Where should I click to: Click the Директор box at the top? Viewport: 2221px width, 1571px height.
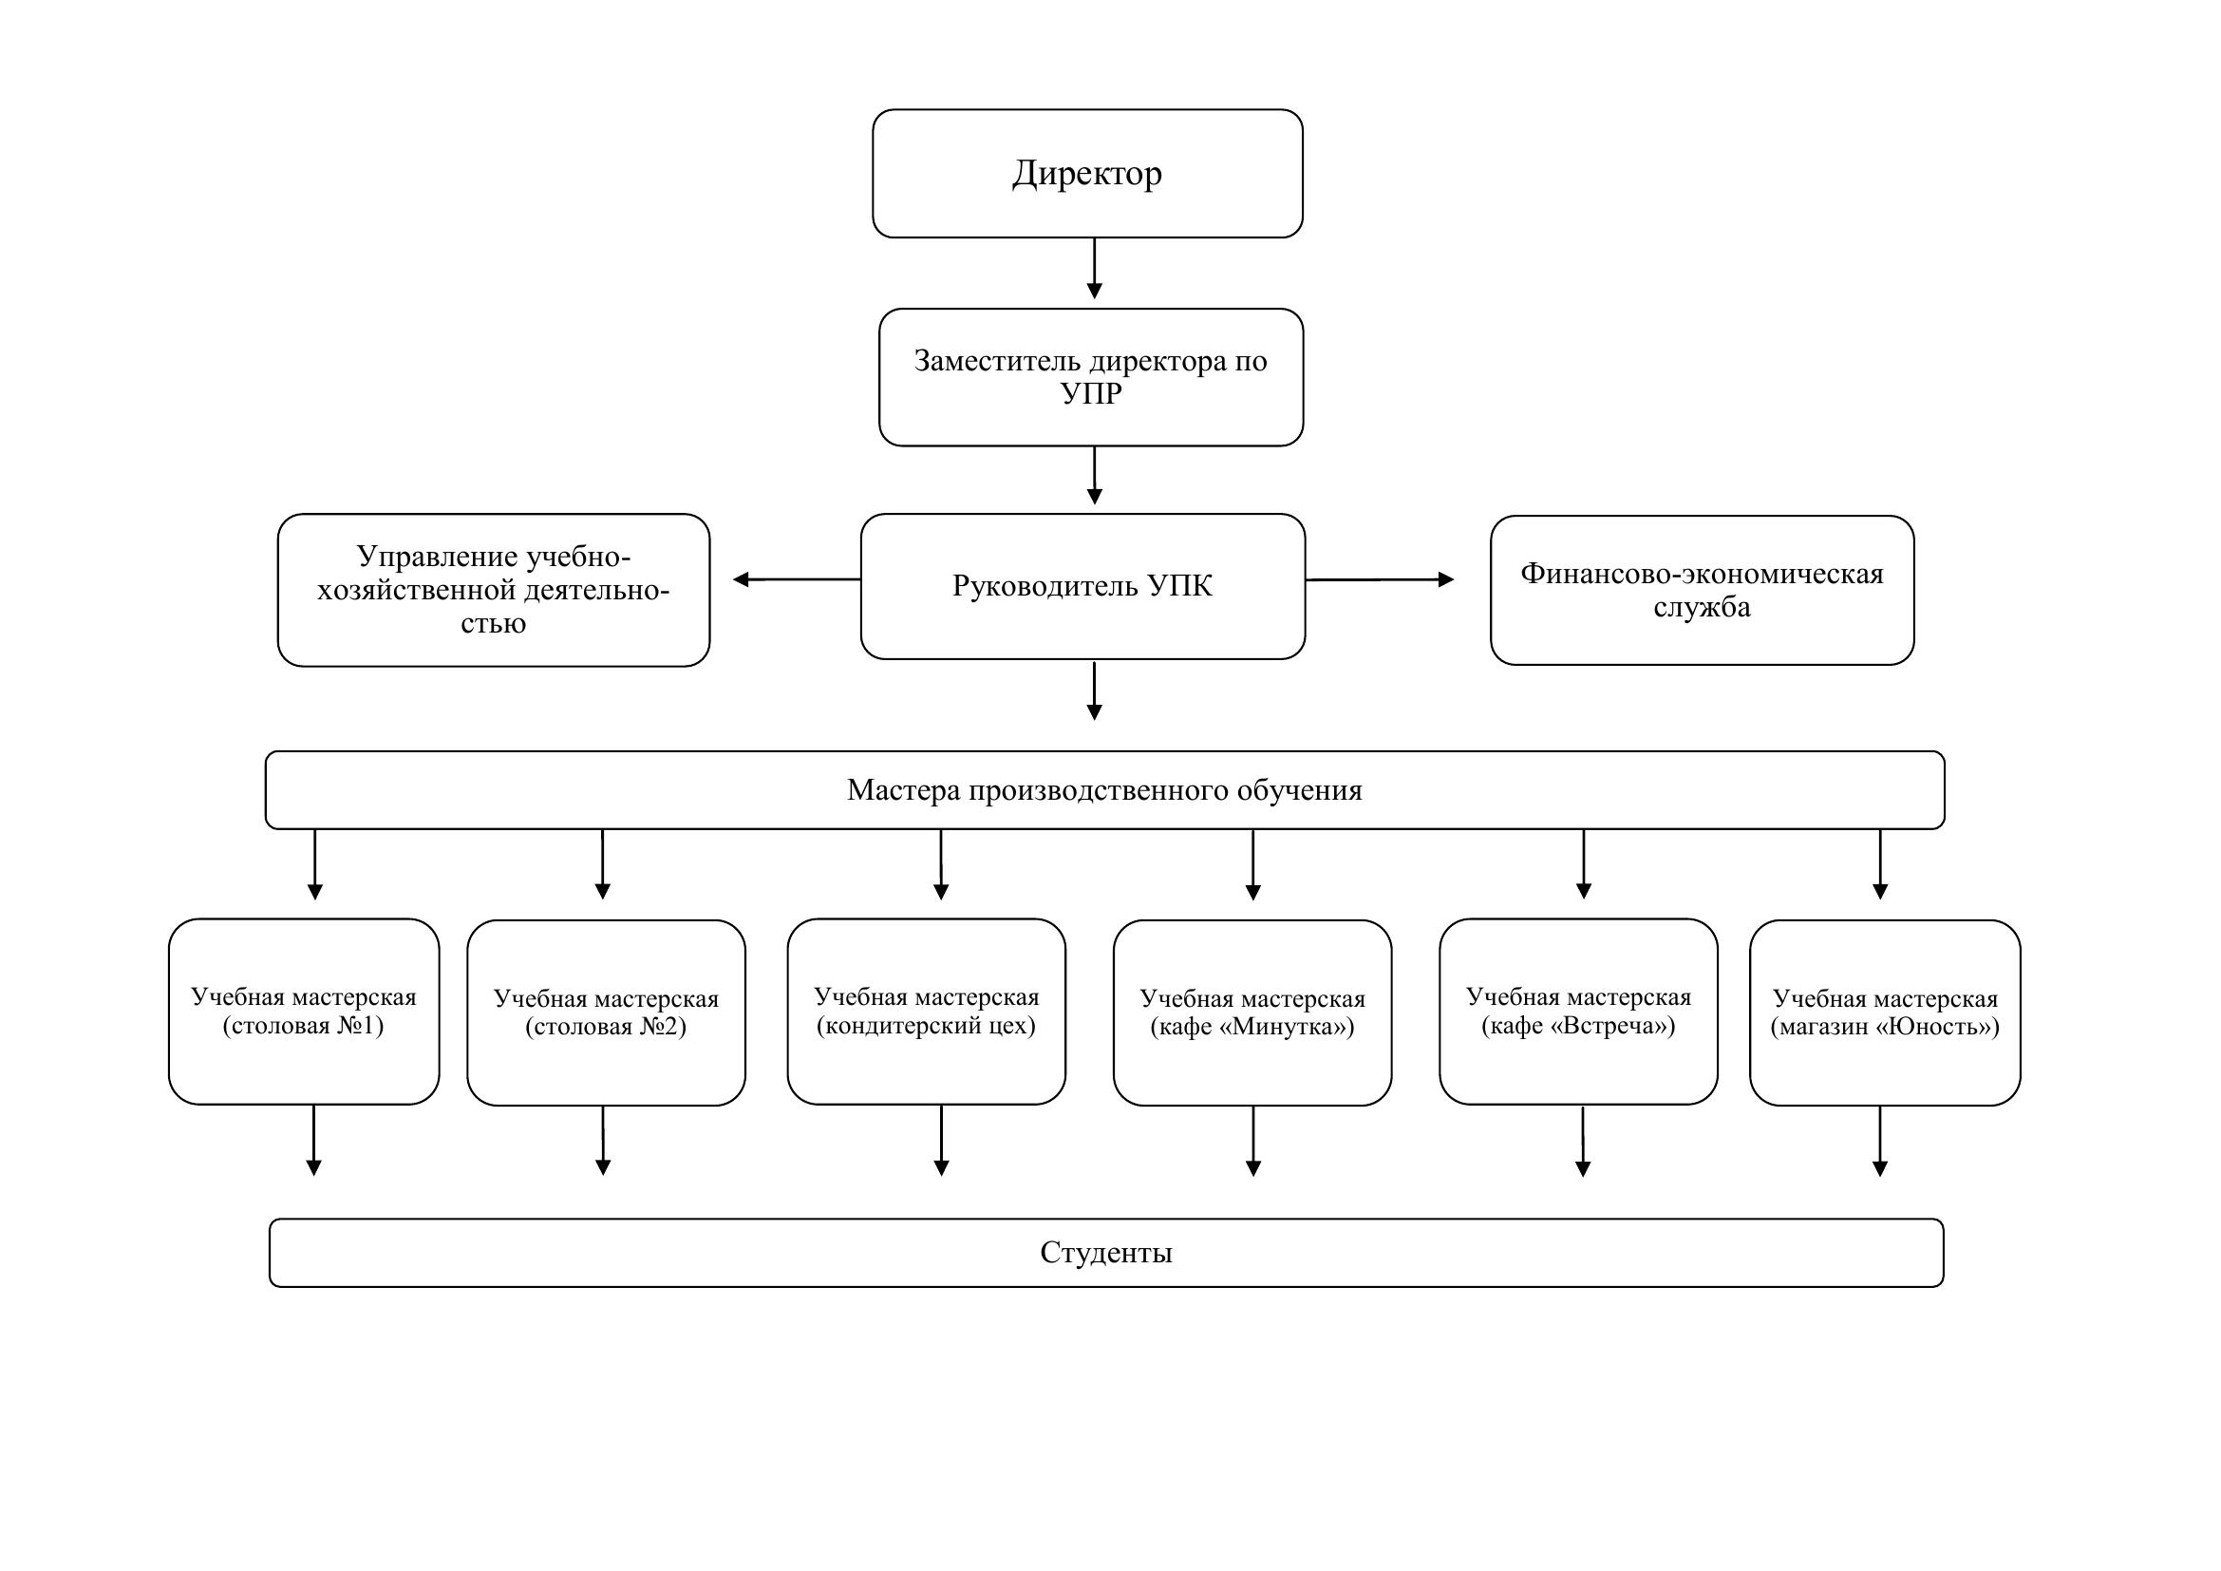click(1087, 173)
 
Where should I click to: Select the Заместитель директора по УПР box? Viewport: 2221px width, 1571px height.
click(1091, 377)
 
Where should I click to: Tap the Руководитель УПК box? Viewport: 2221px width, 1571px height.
click(1082, 586)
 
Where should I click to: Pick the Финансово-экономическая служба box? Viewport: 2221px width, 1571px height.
click(1702, 590)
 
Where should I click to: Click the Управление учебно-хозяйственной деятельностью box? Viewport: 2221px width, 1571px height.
click(494, 590)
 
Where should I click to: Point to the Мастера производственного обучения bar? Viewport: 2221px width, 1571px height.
click(1104, 790)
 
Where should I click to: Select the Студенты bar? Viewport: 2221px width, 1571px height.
click(1105, 1253)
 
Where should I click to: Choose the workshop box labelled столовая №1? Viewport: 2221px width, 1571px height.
click(304, 1012)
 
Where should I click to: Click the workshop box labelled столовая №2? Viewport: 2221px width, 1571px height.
click(607, 1013)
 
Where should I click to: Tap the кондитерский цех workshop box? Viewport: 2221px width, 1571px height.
click(927, 1012)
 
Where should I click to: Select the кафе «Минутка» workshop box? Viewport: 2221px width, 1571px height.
click(1252, 1013)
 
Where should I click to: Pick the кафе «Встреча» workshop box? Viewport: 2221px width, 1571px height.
click(1579, 1012)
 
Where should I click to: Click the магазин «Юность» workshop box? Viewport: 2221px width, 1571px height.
click(1886, 1013)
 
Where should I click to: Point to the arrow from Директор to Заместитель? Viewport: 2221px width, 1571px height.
click(1094, 269)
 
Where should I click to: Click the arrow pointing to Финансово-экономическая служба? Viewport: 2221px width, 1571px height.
click(1381, 579)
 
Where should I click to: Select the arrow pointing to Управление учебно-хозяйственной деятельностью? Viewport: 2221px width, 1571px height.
click(796, 579)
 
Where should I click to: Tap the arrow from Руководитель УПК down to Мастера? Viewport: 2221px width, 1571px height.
click(1094, 691)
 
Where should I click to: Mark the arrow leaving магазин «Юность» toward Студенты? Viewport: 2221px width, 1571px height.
click(1880, 1142)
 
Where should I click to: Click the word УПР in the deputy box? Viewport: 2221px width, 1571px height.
click(1091, 394)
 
